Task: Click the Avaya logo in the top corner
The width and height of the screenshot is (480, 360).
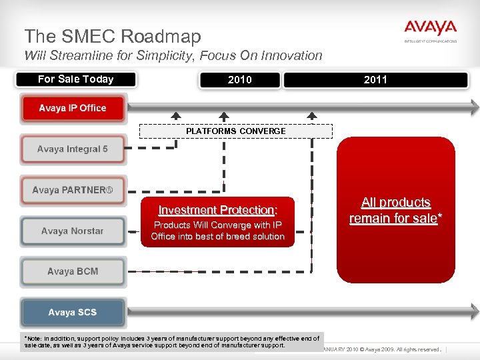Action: tap(430, 30)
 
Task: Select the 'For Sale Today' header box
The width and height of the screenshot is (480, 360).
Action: tap(75, 79)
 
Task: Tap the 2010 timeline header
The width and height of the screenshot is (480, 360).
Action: tap(239, 80)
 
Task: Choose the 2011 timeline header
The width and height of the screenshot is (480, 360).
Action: tap(375, 80)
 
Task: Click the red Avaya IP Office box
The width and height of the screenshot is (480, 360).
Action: tap(73, 109)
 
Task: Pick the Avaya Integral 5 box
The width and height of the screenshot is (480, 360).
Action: tap(73, 149)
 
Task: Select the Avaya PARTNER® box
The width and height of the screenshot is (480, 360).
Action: tap(73, 190)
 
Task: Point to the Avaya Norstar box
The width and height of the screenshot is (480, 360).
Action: tap(73, 231)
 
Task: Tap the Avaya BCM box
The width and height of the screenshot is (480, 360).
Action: tap(73, 272)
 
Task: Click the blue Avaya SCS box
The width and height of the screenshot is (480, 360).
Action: tap(73, 313)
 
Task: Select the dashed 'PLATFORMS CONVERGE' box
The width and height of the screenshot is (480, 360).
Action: tap(235, 131)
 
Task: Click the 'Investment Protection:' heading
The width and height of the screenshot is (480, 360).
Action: tap(217, 210)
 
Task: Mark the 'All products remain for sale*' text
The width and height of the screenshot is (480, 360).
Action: tap(396, 211)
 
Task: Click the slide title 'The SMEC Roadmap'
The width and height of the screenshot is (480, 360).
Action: tap(112, 36)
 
